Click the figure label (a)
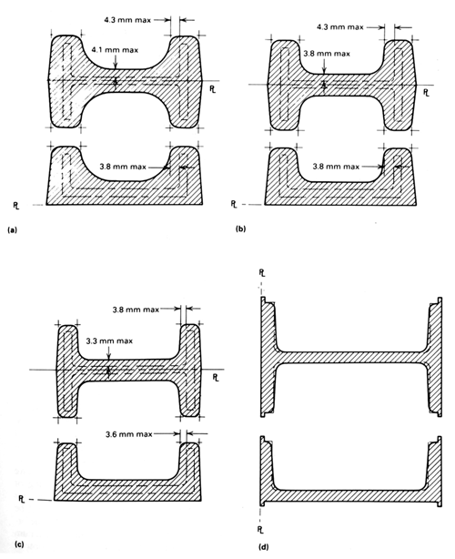(x=12, y=230)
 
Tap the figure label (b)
(x=241, y=229)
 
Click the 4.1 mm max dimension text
(x=115, y=50)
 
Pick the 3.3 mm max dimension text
(x=109, y=341)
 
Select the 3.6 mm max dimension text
(x=129, y=434)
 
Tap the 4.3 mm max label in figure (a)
(x=127, y=20)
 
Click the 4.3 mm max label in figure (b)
(x=340, y=27)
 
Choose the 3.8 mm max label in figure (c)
(x=136, y=310)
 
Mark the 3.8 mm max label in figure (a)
(x=123, y=167)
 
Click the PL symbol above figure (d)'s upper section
(x=262, y=273)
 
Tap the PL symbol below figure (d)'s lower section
(x=260, y=530)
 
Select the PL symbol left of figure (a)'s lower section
(x=16, y=206)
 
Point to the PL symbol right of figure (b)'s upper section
(x=426, y=93)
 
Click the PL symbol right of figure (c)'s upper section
(x=216, y=378)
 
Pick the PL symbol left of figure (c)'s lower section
(x=22, y=499)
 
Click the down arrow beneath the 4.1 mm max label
(x=115, y=61)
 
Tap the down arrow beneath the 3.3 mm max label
(x=109, y=353)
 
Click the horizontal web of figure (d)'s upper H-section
(x=351, y=358)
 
